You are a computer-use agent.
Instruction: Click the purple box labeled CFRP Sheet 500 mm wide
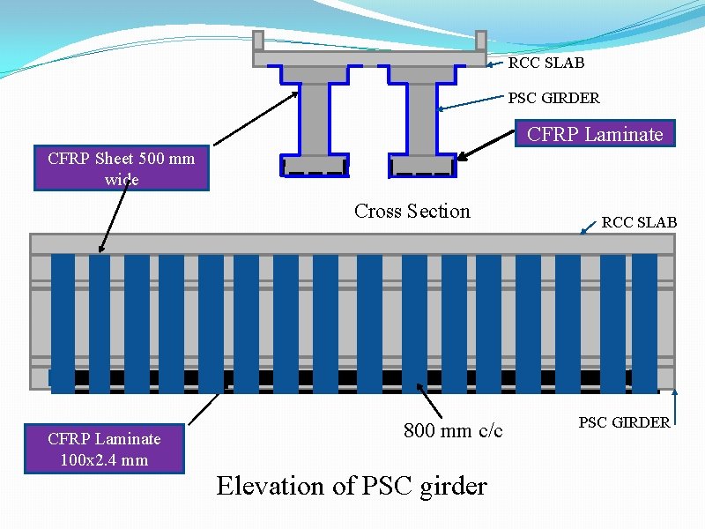click(x=121, y=168)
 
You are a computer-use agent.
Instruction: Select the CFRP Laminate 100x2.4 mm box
click(x=104, y=449)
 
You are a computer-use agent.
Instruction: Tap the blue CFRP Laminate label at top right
click(x=594, y=134)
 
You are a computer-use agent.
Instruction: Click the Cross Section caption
click(x=412, y=211)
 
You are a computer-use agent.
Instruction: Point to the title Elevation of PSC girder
click(x=352, y=486)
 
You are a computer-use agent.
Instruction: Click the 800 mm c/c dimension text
click(x=453, y=430)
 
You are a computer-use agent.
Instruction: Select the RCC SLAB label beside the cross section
click(x=546, y=63)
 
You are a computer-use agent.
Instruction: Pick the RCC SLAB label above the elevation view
click(x=639, y=222)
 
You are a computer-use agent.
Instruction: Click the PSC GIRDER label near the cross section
click(x=553, y=98)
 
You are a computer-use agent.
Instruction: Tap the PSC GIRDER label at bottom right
click(x=623, y=422)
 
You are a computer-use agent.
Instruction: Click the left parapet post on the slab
click(x=258, y=41)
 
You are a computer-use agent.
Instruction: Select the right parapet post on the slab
click(x=481, y=41)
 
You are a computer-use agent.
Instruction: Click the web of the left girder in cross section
click(x=313, y=119)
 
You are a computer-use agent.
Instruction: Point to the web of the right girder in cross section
click(x=422, y=119)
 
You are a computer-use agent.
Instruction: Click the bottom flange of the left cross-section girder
click(x=313, y=165)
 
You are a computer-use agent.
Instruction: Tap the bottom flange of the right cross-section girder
click(x=422, y=165)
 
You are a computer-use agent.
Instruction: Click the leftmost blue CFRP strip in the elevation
click(x=63, y=322)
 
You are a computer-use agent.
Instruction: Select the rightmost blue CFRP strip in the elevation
click(x=644, y=322)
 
